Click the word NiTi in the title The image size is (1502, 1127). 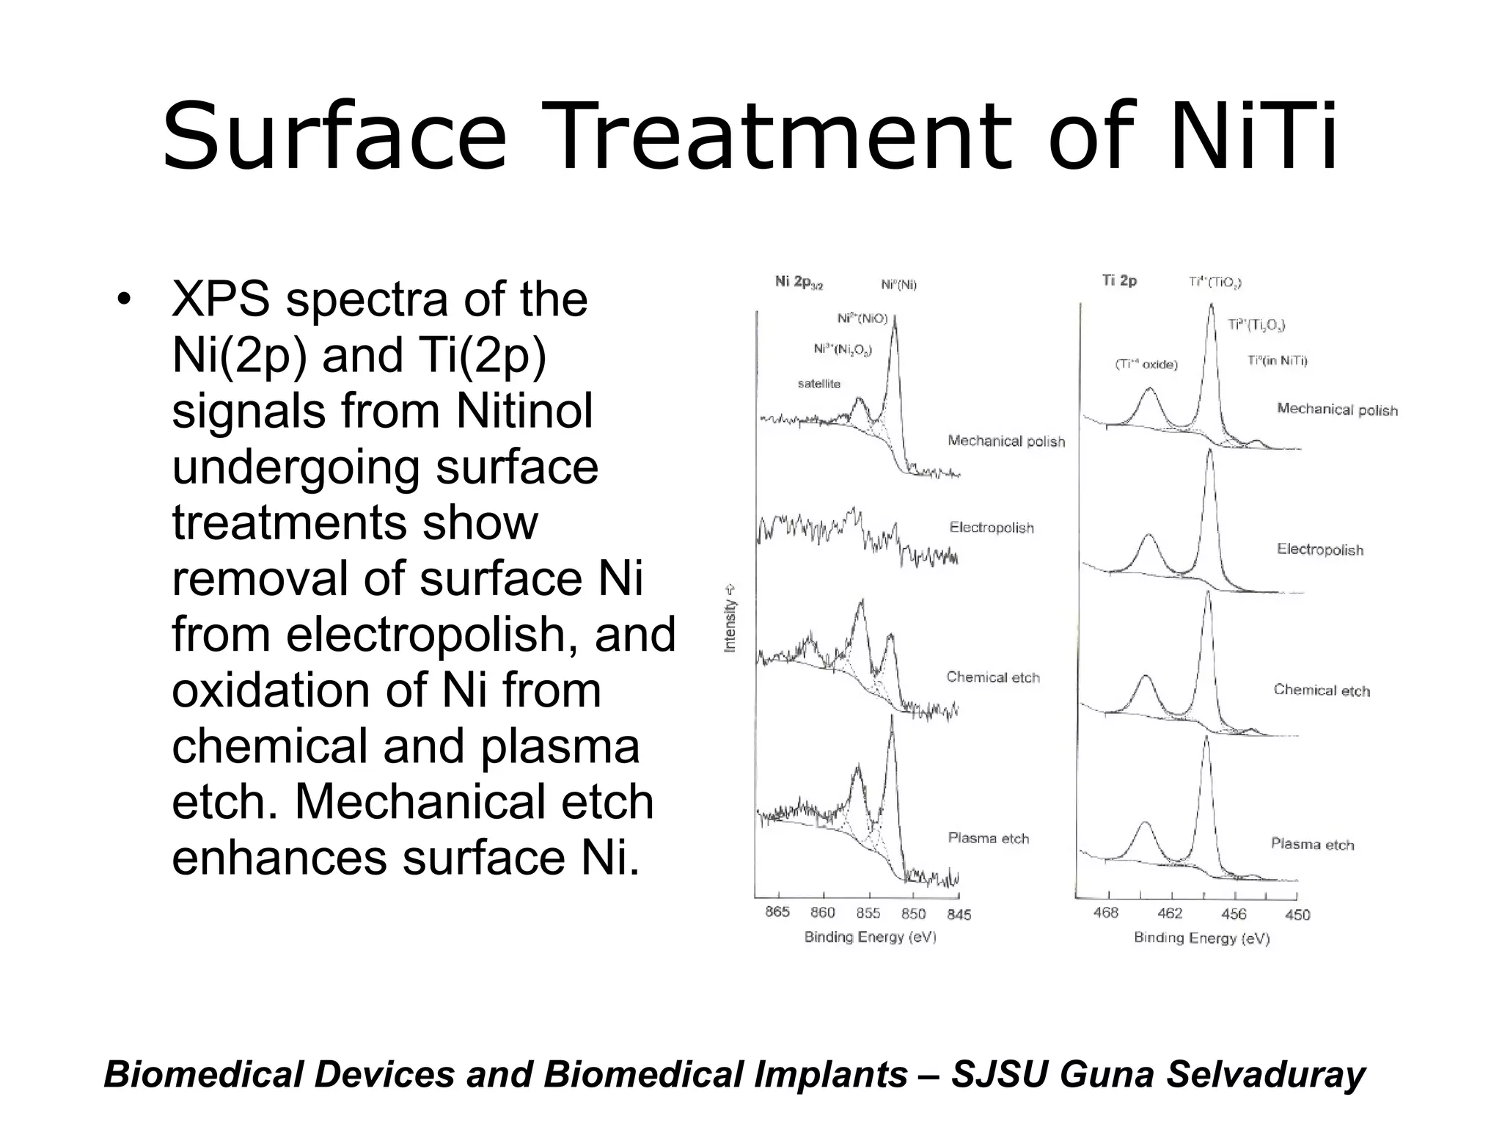coord(1254,137)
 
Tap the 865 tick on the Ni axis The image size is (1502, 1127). coord(777,912)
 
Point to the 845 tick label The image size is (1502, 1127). coord(959,914)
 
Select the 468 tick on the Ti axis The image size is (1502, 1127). coord(1106,912)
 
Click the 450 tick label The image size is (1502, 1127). coord(1297,915)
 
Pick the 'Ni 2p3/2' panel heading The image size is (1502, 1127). coord(799,282)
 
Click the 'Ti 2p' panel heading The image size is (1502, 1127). coord(1119,280)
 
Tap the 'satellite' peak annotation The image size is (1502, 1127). coord(818,384)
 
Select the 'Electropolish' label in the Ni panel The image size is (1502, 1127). coord(992,528)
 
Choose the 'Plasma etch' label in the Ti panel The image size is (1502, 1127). coord(1312,844)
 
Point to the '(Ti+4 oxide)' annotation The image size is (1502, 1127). coord(1146,364)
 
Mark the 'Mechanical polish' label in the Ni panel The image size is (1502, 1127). coord(1006,441)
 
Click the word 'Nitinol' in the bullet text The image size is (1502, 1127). coord(524,411)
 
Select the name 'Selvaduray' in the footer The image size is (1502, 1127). coord(1266,1074)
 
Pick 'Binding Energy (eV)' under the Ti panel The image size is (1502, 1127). coord(1201,938)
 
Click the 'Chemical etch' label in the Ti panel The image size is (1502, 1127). coord(1322,690)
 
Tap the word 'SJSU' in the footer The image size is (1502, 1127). coord(998,1074)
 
